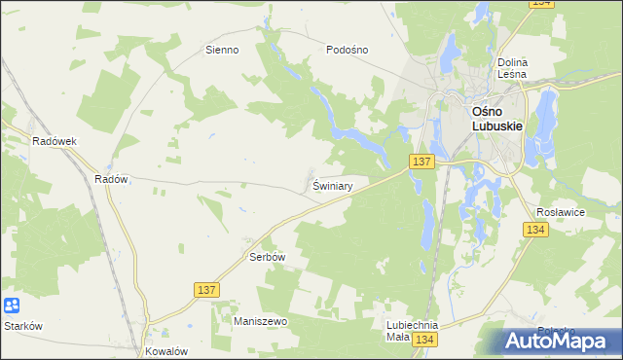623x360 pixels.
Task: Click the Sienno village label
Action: [222, 50]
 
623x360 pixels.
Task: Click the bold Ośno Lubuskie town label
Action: [497, 120]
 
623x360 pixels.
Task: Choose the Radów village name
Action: [112, 179]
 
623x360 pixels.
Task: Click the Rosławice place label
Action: [560, 210]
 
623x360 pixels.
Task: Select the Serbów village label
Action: [265, 258]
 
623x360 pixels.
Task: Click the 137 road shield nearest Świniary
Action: [421, 162]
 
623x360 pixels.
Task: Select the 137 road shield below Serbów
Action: [206, 290]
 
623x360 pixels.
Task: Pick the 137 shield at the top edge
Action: [542, 5]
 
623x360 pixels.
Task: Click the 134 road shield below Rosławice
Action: [534, 230]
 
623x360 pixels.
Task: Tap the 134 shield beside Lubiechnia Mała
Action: [423, 340]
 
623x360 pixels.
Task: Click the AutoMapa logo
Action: [560, 341]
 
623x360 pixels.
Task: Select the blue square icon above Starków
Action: [11, 306]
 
